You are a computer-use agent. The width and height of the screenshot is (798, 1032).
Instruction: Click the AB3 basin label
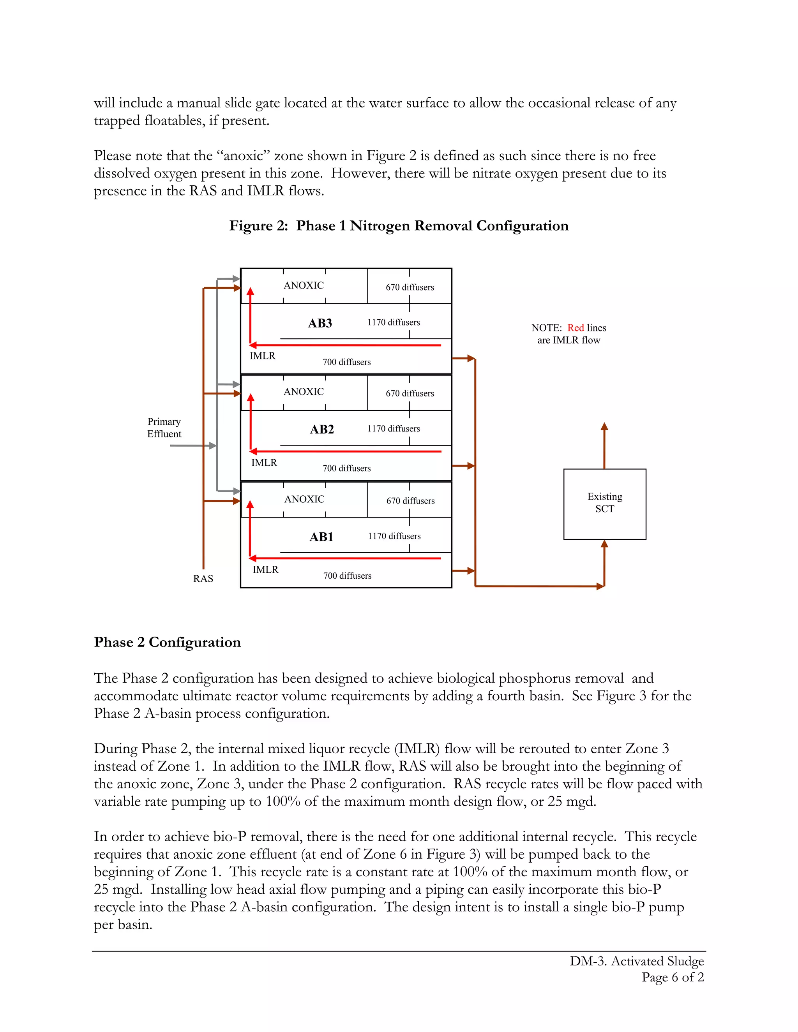pyautogui.click(x=320, y=323)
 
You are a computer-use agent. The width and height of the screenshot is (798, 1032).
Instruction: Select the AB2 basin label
pyautogui.click(x=322, y=430)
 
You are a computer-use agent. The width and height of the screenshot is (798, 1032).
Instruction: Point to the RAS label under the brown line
pyautogui.click(x=203, y=578)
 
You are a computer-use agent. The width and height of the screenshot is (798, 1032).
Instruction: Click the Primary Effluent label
pyautogui.click(x=164, y=428)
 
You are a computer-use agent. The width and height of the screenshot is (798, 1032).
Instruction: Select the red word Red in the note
pyautogui.click(x=576, y=328)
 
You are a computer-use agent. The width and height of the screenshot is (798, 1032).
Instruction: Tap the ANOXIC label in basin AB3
pyautogui.click(x=304, y=285)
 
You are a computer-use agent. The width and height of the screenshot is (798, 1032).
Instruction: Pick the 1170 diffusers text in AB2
pyautogui.click(x=393, y=429)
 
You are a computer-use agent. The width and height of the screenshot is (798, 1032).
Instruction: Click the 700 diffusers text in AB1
pyautogui.click(x=348, y=576)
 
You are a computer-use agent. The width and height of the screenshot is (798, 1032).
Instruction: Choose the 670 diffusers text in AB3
pyautogui.click(x=410, y=287)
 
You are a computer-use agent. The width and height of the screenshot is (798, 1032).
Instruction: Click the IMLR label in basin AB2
pyautogui.click(x=264, y=463)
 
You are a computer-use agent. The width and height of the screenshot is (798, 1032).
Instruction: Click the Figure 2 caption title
pyautogui.click(x=399, y=226)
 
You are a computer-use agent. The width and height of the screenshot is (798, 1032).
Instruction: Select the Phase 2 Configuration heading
pyautogui.click(x=167, y=642)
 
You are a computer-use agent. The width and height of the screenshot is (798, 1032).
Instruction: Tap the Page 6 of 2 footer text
pyautogui.click(x=673, y=977)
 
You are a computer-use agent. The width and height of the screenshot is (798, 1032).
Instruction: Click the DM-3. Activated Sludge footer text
pyautogui.click(x=636, y=961)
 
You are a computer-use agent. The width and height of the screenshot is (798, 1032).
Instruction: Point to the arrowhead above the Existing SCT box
pyautogui.click(x=604, y=426)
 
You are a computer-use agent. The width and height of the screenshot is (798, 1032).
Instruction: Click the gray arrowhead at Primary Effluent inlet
pyautogui.click(x=213, y=446)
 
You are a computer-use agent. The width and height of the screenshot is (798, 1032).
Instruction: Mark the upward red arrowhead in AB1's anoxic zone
pyautogui.click(x=250, y=504)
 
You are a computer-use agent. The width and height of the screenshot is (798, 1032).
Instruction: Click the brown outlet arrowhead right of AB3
pyautogui.click(x=471, y=358)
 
